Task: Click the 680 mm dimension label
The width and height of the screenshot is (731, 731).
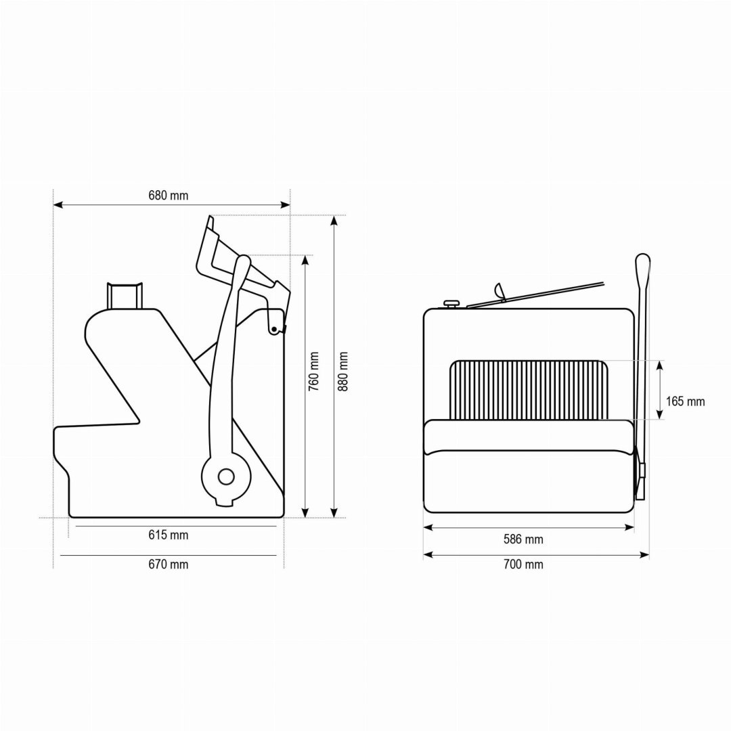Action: tap(169, 196)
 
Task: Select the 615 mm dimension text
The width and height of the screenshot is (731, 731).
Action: tap(169, 535)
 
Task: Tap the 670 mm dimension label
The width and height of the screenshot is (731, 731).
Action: tap(169, 564)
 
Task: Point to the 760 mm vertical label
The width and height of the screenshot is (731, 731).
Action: tap(314, 372)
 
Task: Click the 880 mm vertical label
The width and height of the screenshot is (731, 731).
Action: tap(343, 372)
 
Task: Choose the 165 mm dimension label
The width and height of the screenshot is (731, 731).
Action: tap(685, 401)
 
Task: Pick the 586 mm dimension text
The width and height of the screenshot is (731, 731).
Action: tap(523, 539)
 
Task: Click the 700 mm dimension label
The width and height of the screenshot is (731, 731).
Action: tap(523, 564)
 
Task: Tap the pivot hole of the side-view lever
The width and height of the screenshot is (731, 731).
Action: tap(226, 477)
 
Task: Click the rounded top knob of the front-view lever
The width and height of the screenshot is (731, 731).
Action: tap(643, 263)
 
